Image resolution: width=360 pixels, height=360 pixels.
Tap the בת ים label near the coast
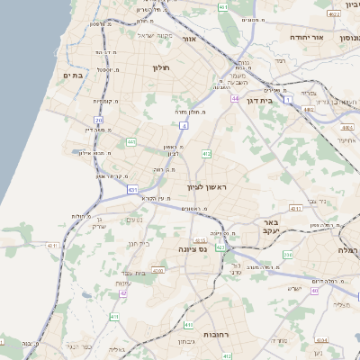click(72, 76)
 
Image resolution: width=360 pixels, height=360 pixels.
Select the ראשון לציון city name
click(208, 187)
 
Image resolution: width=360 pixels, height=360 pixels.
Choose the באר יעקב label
click(269, 226)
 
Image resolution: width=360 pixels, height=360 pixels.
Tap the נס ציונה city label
click(192, 248)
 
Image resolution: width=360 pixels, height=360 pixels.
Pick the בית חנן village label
click(138, 243)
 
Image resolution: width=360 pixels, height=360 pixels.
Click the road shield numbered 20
click(99, 120)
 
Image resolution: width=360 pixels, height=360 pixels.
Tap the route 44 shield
click(234, 98)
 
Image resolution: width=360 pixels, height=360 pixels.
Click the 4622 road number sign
click(334, 14)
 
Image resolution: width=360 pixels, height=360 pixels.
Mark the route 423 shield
click(220, 247)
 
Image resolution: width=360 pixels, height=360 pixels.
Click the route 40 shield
click(314, 291)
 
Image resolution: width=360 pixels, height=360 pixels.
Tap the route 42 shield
click(123, 293)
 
